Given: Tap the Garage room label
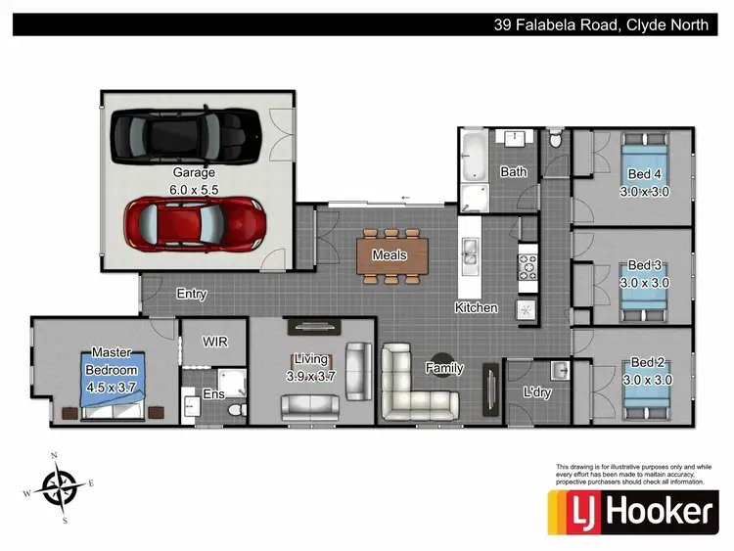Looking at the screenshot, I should point(193,172).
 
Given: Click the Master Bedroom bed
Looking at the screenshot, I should point(113,381).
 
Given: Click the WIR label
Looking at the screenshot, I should point(215,343).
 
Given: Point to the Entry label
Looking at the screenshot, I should point(191,294).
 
